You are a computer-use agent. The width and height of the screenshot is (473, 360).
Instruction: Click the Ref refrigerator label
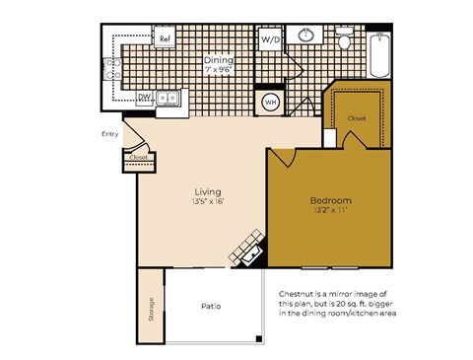click(x=167, y=39)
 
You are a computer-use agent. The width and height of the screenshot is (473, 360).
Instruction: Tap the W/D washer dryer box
click(x=269, y=40)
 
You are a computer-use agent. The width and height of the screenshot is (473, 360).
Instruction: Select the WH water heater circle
click(x=270, y=103)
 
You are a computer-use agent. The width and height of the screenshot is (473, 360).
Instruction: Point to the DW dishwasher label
click(x=144, y=97)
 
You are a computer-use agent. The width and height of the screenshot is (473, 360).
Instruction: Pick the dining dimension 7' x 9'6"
click(x=218, y=71)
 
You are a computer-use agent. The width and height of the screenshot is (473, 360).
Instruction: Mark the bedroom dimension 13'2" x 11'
click(x=331, y=210)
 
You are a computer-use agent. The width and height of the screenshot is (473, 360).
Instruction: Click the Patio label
click(x=211, y=307)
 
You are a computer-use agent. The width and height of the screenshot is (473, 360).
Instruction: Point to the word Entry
click(x=110, y=134)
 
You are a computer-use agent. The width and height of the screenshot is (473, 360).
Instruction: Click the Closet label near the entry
click(x=138, y=157)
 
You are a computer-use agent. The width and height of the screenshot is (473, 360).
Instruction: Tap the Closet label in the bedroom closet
click(x=356, y=117)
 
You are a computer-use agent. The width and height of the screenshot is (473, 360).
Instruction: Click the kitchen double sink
click(x=169, y=97)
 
